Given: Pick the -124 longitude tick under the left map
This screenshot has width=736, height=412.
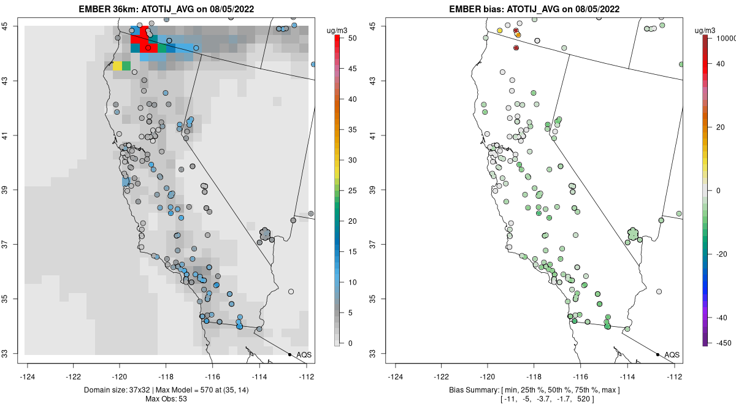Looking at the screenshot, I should pos(28,377).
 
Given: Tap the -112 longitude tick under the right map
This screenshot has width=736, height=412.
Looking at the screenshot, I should pos(675,377).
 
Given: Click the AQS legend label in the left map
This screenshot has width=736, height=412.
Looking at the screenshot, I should pos(304,354).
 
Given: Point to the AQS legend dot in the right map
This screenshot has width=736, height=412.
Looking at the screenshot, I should pos(657,354).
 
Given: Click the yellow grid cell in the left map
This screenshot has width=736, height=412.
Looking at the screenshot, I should pos(117,66).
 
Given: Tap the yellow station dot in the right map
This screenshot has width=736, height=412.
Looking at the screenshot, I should pos(500,31).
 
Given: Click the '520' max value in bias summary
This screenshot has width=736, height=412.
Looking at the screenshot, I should pos(606,399).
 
